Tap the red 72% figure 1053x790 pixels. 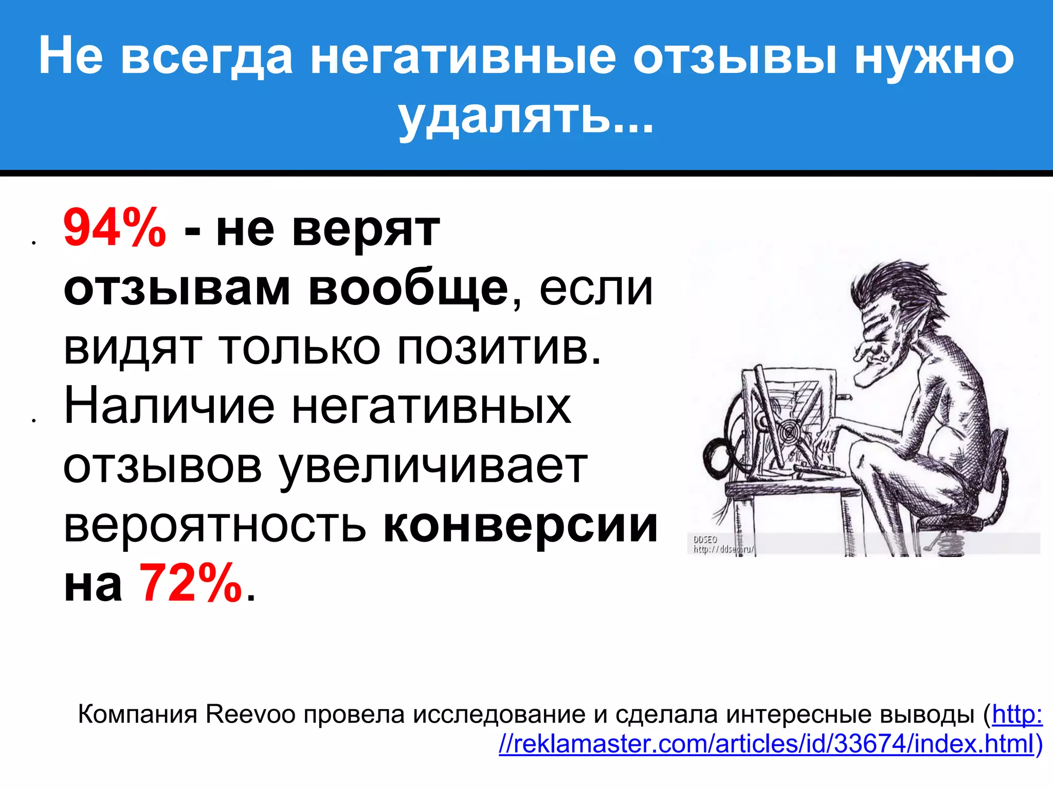[x=190, y=584]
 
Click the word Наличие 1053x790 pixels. [x=169, y=407]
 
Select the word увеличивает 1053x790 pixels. [x=432, y=467]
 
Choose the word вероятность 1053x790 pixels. [x=215, y=526]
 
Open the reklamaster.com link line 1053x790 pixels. [x=766, y=744]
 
